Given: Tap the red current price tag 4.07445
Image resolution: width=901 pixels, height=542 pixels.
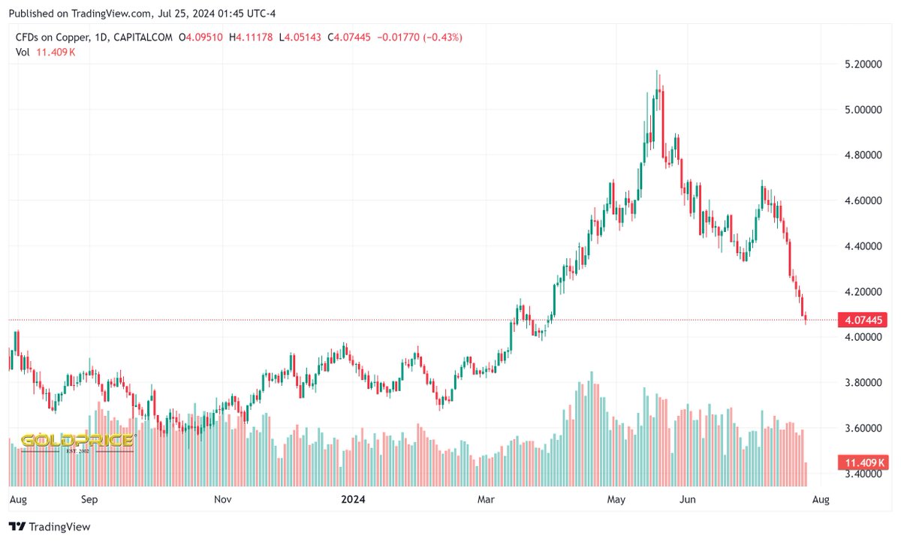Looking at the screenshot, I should pos(863,321).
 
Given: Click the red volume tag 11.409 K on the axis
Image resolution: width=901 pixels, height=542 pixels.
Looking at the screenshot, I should pos(863,462).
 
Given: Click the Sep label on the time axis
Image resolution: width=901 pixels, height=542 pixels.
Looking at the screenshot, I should pos(89,498).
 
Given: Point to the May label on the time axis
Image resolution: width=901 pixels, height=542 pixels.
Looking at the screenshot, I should pos(617,498).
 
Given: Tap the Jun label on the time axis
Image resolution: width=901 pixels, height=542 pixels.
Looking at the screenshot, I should pos(687,498).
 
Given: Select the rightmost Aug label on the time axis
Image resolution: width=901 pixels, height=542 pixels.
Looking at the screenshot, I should pos(821,498).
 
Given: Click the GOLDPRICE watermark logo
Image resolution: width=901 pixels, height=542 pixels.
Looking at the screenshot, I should pos(77,441).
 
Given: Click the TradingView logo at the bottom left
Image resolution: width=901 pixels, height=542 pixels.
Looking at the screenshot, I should pos(50,527).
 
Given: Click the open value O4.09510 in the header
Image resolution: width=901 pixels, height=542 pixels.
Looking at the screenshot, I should pos(200,38).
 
